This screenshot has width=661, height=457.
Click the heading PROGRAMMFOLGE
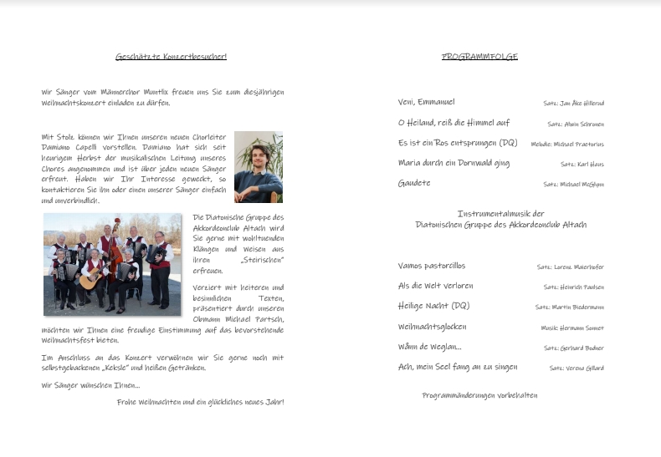(479, 57)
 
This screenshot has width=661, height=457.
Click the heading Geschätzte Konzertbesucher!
(171, 57)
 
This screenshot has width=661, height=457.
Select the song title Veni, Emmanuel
(427, 102)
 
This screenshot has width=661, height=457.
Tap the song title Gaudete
(414, 183)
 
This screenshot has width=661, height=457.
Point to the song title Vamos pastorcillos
(432, 266)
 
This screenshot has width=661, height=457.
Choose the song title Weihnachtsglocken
(433, 327)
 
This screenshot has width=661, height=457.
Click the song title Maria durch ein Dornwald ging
(453, 163)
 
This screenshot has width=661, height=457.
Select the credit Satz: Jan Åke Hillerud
(573, 103)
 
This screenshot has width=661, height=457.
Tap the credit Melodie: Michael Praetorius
(566, 144)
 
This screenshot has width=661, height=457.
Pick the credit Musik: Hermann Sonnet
(571, 328)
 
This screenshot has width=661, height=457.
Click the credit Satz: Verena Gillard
(576, 368)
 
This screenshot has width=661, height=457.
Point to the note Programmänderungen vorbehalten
(479, 395)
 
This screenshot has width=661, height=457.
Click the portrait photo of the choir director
(258, 167)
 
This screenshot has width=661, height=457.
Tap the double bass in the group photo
(116, 242)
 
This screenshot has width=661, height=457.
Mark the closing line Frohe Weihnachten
(200, 402)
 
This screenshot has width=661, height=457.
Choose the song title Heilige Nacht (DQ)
(433, 306)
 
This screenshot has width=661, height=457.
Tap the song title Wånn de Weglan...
(429, 347)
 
